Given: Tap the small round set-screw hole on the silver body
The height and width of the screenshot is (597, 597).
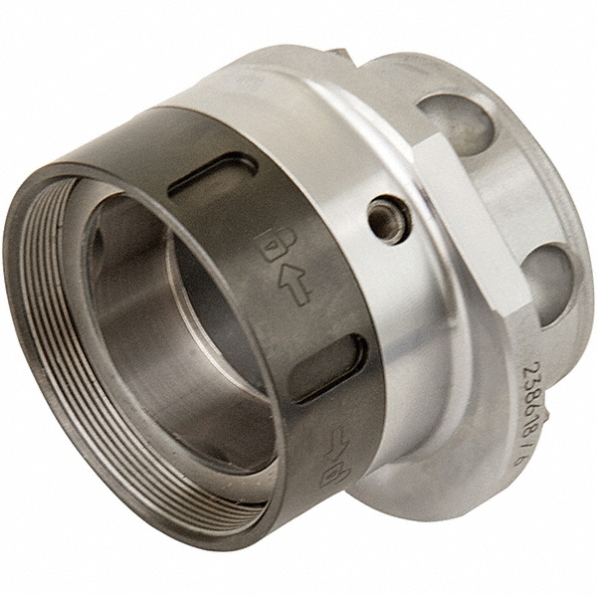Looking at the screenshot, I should coord(386,220).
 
